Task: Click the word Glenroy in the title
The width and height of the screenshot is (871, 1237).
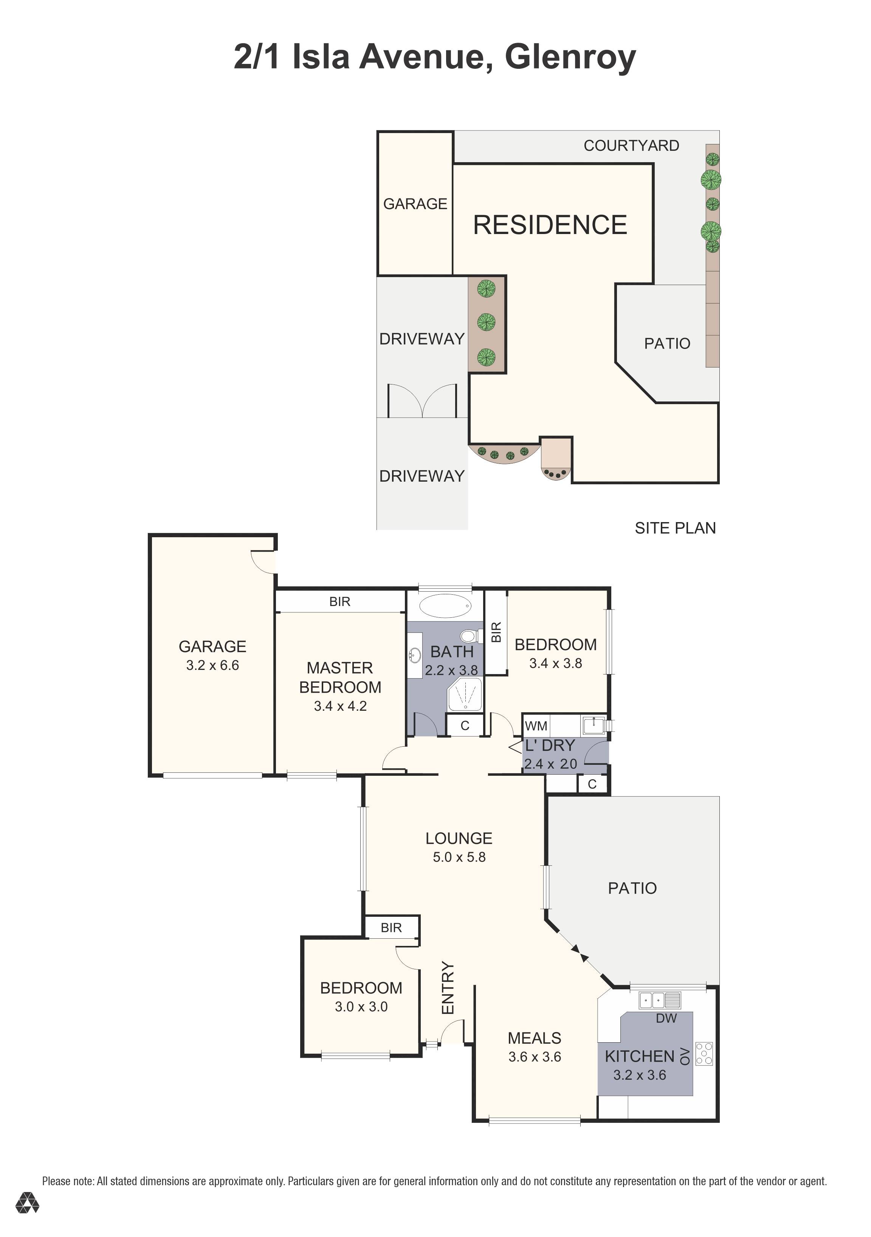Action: pyautogui.click(x=570, y=57)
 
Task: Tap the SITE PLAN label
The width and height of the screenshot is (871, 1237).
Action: pyautogui.click(x=675, y=528)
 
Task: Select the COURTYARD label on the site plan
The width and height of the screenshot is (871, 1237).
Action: pyautogui.click(x=631, y=146)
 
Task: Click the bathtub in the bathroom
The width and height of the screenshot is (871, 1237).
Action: pyautogui.click(x=445, y=606)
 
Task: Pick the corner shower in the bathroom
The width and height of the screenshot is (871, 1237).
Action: pyautogui.click(x=465, y=695)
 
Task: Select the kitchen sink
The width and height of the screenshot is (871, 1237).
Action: pyautogui.click(x=660, y=1000)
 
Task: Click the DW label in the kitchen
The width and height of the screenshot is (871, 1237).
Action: pyautogui.click(x=666, y=1018)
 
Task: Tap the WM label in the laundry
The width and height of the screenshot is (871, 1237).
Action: pyautogui.click(x=536, y=726)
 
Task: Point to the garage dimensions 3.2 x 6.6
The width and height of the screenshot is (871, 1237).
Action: pyautogui.click(x=213, y=665)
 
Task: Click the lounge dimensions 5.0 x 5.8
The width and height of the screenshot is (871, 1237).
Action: pyautogui.click(x=459, y=857)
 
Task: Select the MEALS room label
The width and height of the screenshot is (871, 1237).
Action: pyautogui.click(x=534, y=1038)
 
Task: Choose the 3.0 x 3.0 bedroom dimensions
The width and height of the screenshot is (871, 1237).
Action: pyautogui.click(x=361, y=1006)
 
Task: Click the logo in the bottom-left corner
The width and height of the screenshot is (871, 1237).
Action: pyautogui.click(x=27, y=1203)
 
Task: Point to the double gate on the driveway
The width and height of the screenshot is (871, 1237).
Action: pyautogui.click(x=422, y=400)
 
